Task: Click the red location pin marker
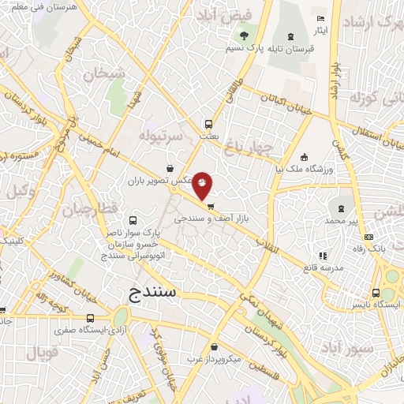click(x=203, y=185)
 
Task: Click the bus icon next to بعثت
click(x=208, y=124)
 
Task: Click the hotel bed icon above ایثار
click(x=320, y=18)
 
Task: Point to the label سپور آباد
click(x=340, y=347)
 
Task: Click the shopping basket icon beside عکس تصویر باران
click(x=171, y=167)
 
